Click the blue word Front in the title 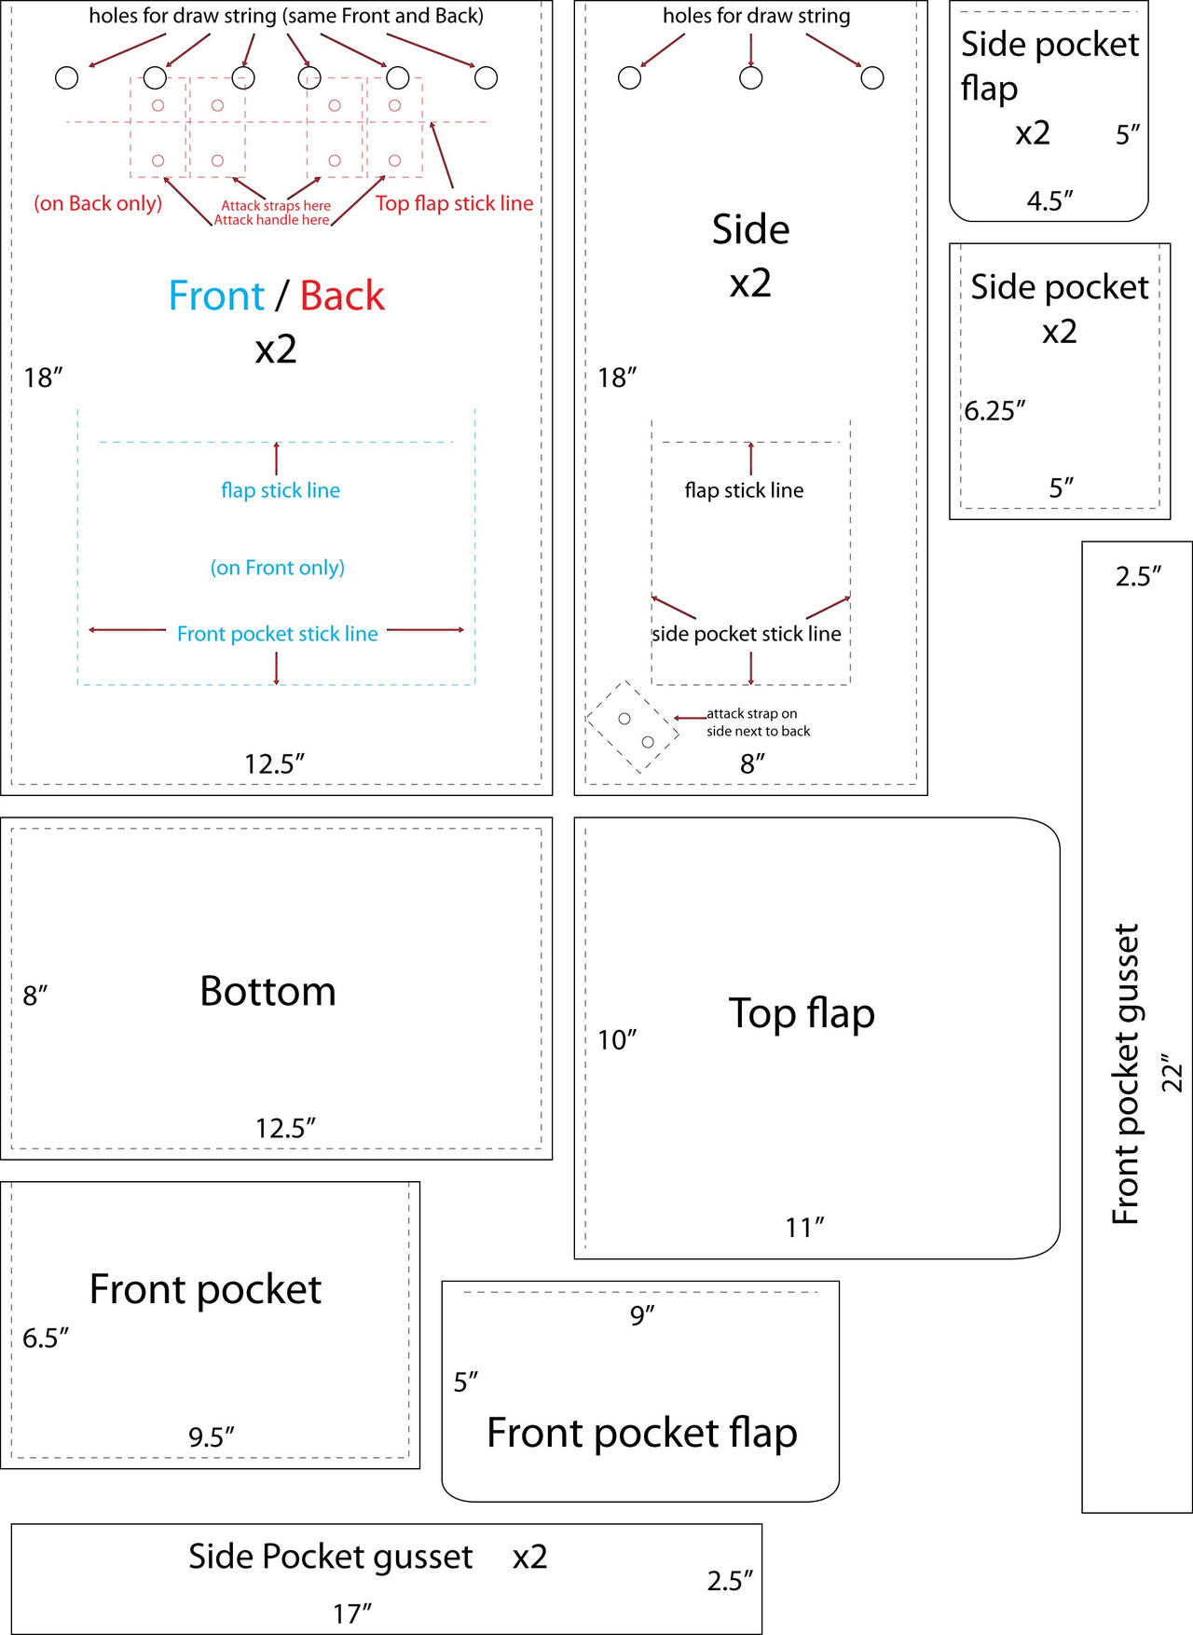(x=216, y=295)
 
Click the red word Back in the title (x=342, y=295)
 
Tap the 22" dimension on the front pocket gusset (x=1172, y=1073)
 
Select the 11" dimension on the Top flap (x=804, y=1227)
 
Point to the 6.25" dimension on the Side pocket (x=994, y=410)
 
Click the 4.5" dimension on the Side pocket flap (x=1050, y=200)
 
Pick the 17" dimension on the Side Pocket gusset (x=352, y=1614)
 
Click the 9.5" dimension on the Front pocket (x=212, y=1436)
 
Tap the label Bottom (x=268, y=991)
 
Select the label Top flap (x=802, y=1014)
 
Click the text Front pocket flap (x=642, y=1433)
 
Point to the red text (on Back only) (x=98, y=203)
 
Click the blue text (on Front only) (x=278, y=568)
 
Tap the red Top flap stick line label (x=455, y=203)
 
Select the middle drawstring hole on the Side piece (x=751, y=78)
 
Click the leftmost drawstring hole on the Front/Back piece (x=67, y=78)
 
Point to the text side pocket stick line (x=747, y=634)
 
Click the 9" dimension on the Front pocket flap (x=642, y=1315)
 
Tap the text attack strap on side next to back (x=758, y=722)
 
